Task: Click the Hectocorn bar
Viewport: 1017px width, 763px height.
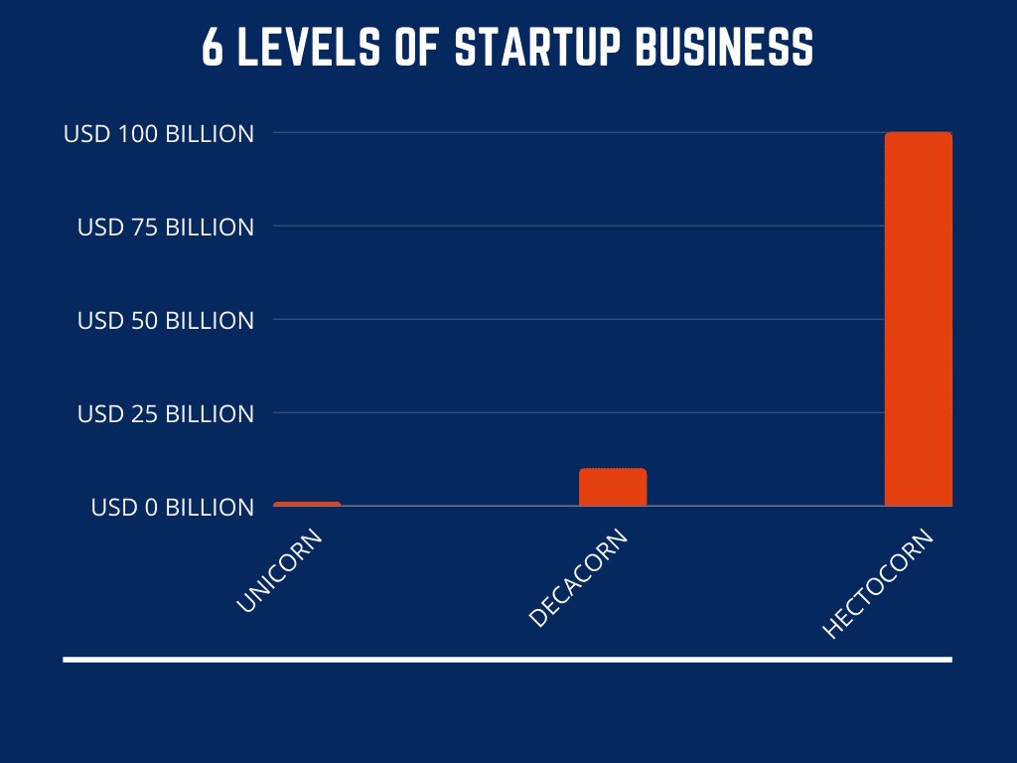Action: coord(918,319)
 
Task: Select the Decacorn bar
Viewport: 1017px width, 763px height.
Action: coord(613,488)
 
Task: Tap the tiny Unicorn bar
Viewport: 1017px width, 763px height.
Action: coord(307,504)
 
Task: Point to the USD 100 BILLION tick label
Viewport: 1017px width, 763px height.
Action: coord(159,133)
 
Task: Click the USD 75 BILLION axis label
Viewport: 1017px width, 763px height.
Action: coord(166,227)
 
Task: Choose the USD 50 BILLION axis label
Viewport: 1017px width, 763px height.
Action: coord(166,320)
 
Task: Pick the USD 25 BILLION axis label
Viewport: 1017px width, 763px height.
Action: coord(166,413)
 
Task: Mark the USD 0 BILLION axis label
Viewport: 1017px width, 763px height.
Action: coord(173,507)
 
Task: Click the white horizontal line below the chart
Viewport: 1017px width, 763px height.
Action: coord(508,659)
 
